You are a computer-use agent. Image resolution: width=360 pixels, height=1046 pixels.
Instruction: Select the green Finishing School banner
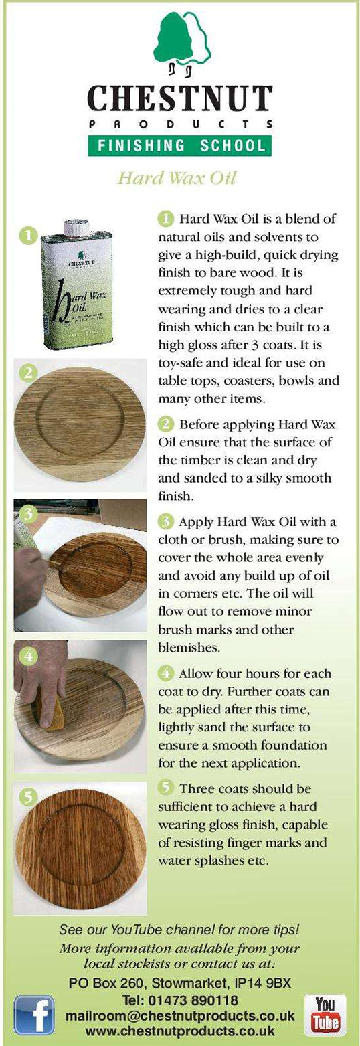click(180, 146)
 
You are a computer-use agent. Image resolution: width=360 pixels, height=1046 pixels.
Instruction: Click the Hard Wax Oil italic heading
click(177, 178)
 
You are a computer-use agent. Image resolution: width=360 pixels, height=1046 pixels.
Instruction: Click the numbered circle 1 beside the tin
click(29, 235)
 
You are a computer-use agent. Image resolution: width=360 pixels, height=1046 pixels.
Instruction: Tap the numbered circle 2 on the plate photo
click(29, 373)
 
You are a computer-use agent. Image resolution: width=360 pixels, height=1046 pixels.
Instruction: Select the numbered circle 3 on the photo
click(27, 515)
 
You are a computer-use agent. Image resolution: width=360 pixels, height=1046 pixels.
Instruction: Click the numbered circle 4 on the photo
click(29, 656)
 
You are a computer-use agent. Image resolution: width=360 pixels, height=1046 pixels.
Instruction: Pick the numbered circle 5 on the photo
click(29, 798)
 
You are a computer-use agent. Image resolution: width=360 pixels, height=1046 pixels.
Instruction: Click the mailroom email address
click(180, 1016)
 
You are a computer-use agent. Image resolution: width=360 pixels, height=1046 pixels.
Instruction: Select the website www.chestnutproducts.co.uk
click(180, 1030)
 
